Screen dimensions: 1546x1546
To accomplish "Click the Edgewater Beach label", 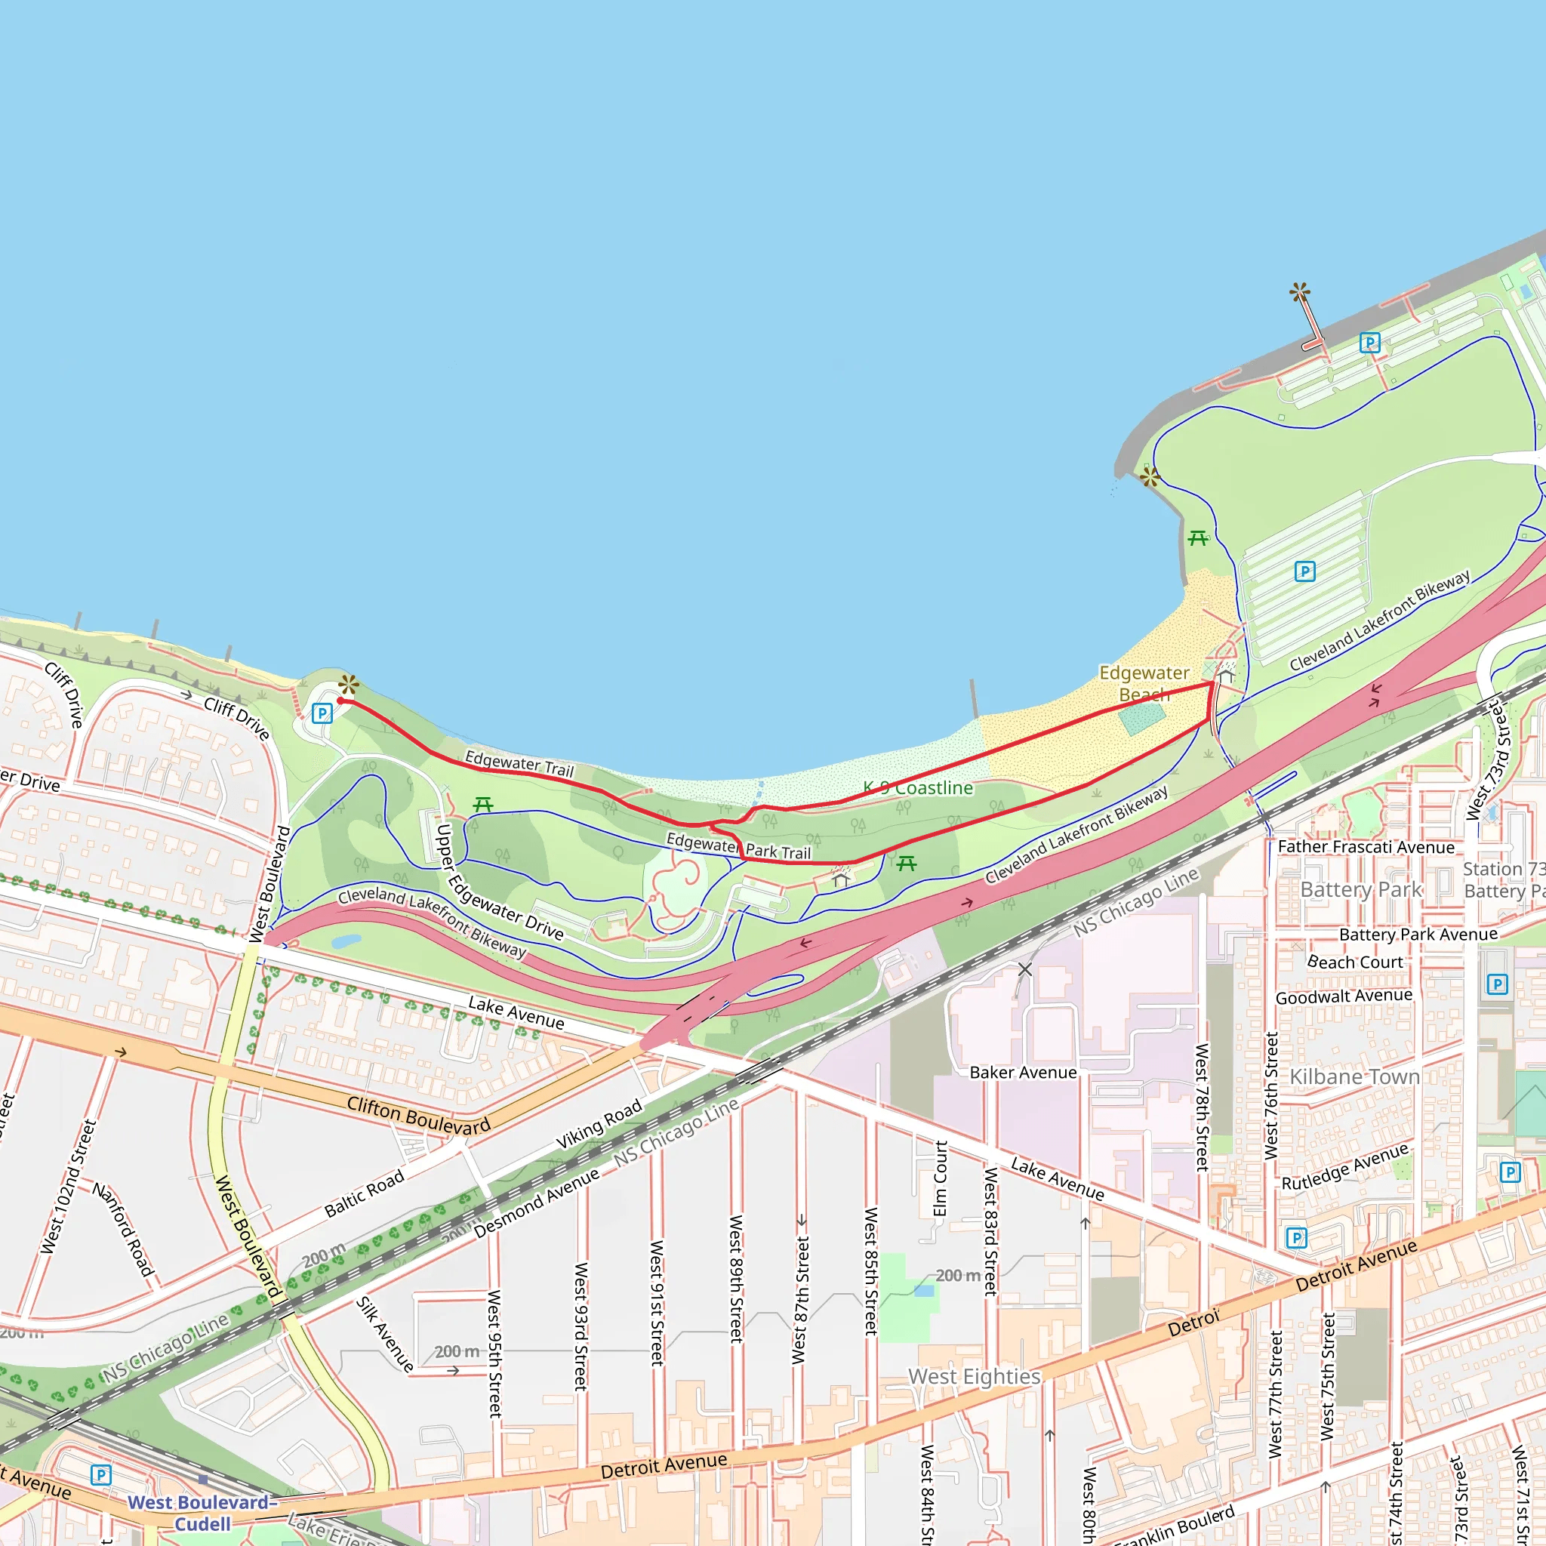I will (x=1144, y=683).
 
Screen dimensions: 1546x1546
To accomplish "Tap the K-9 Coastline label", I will (x=918, y=788).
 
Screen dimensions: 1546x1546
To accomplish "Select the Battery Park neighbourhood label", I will (x=1360, y=890).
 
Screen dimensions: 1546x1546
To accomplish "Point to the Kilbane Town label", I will (x=1354, y=1077).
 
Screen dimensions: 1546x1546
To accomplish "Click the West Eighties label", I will (x=974, y=1376).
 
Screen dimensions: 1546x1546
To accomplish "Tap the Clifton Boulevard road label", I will (x=418, y=1116).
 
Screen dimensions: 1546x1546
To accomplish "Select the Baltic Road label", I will (x=364, y=1195).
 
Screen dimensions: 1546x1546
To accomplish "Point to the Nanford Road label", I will (x=122, y=1228).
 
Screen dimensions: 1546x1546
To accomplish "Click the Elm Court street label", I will (x=941, y=1178).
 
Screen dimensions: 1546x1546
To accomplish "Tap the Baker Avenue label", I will (x=1023, y=1072).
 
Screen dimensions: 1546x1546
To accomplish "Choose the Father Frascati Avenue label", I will (x=1366, y=847).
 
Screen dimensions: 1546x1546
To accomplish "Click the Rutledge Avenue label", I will (x=1344, y=1167).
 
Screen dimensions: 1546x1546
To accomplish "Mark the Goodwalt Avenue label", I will (x=1344, y=996).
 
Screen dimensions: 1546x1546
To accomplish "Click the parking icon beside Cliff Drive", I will (x=322, y=713).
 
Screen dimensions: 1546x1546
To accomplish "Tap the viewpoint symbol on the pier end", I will (x=1300, y=292).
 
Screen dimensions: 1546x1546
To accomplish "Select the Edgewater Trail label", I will (x=519, y=763).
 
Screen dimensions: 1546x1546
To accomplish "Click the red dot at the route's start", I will (x=341, y=701).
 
